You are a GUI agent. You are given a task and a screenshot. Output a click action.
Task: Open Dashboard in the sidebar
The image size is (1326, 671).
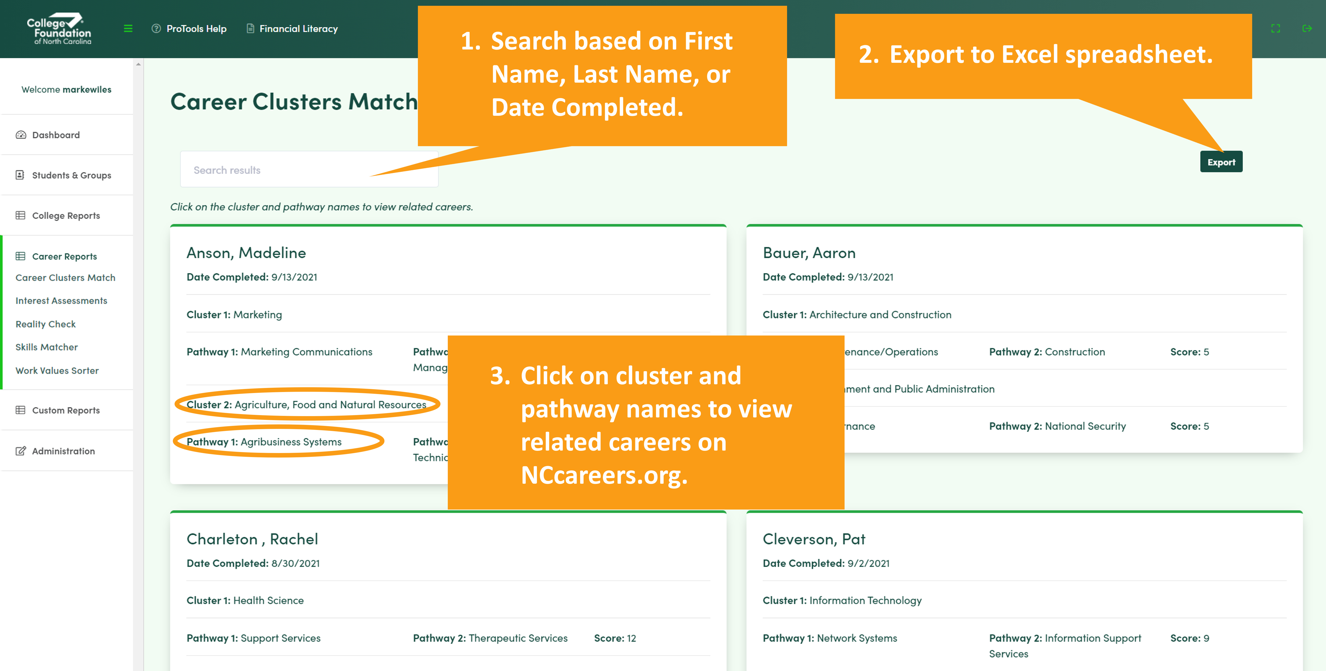point(56,135)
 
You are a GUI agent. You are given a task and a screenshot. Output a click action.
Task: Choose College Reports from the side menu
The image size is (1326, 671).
point(65,216)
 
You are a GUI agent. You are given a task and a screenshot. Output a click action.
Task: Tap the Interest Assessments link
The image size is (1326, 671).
point(61,301)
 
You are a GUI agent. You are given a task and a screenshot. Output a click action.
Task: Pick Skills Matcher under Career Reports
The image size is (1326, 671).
point(46,347)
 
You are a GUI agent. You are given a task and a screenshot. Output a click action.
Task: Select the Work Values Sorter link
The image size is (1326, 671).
point(57,370)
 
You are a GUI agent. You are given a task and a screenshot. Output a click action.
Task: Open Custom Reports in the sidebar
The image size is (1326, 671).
point(65,410)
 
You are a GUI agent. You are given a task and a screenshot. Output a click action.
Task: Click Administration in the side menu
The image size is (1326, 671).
point(63,451)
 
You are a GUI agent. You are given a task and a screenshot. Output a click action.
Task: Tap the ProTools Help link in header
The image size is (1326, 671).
point(189,29)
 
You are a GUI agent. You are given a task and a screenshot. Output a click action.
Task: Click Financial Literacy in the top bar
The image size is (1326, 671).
point(292,29)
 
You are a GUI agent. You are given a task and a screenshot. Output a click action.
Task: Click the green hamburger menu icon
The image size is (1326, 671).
point(128,29)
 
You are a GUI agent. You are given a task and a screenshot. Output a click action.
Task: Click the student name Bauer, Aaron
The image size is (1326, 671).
point(809,253)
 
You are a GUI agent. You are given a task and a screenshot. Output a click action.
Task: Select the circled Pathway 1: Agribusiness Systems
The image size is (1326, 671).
point(264,441)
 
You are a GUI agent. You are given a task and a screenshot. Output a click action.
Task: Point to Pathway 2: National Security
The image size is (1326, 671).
point(1057,426)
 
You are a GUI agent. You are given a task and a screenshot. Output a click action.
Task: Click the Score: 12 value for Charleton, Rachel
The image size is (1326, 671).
point(615,638)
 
